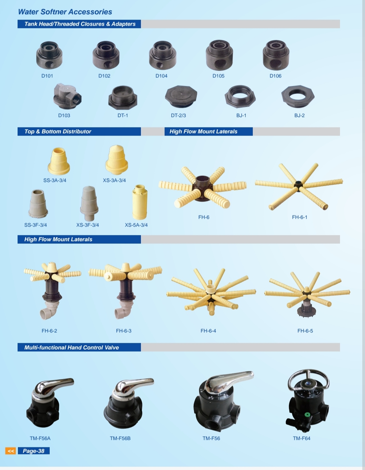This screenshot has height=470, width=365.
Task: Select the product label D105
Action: (218, 76)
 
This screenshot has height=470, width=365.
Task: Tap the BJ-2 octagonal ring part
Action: (298, 96)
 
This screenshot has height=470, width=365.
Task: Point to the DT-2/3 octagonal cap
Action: (181, 96)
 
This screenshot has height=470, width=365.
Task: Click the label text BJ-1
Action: (241, 116)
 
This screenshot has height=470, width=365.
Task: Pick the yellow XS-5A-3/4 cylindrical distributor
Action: (140, 202)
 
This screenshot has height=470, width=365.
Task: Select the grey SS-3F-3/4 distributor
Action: (38, 204)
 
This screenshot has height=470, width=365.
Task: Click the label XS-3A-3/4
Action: (114, 180)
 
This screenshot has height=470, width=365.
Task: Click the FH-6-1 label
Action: (299, 217)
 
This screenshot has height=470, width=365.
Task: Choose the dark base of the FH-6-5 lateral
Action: (306, 308)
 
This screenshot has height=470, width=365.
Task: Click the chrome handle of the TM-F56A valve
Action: (53, 387)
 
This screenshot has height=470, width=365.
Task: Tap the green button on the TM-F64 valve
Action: (307, 415)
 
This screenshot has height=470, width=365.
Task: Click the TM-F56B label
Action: (120, 438)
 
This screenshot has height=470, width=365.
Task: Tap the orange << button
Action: (10, 451)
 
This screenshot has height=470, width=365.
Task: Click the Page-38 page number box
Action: (34, 451)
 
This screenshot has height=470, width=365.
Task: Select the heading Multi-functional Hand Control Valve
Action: (72, 347)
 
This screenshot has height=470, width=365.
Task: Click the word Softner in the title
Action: (54, 12)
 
